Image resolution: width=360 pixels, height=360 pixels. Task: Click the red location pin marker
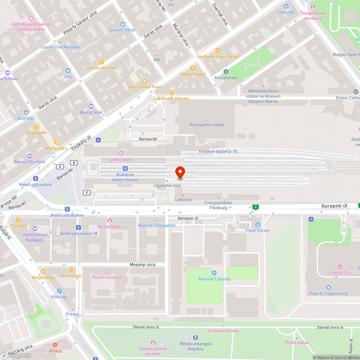click(180, 172)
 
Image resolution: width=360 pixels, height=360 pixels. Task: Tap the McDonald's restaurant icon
click(56, 142)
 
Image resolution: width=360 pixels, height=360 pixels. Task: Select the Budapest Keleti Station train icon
click(125, 168)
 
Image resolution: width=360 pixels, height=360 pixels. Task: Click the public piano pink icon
click(121, 153)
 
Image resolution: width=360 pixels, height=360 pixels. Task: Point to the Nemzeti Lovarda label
click(214, 279)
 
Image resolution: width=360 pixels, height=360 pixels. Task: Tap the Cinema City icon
click(339, 267)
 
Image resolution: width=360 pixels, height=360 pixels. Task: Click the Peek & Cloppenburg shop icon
click(328, 287)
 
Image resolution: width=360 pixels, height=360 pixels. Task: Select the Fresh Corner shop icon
click(257, 225)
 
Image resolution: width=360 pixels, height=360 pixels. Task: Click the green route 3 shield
click(255, 207)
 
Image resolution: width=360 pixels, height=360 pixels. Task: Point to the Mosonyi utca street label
click(142, 265)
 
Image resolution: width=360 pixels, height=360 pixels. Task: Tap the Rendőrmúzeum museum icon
click(107, 271)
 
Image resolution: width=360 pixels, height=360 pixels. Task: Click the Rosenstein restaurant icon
click(71, 270)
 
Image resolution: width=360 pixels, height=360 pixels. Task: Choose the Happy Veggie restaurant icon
click(193, 68)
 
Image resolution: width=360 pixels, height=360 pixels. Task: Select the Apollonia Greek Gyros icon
click(217, 51)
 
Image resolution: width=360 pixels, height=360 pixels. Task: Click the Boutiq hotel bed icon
click(91, 106)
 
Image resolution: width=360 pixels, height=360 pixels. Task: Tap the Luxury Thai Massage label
click(60, 47)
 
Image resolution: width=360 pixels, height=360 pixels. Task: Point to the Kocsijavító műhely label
click(207, 125)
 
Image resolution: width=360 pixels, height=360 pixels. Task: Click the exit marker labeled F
click(86, 192)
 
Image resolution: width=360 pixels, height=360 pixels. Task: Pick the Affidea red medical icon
click(55, 345)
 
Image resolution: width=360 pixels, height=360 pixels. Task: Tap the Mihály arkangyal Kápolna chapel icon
click(195, 338)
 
